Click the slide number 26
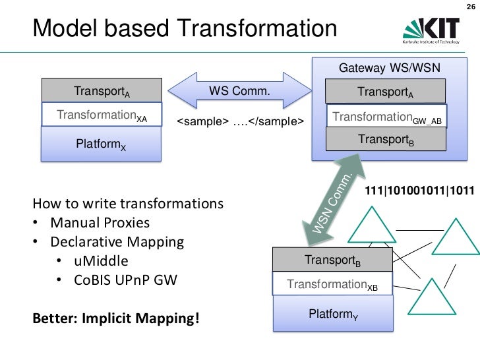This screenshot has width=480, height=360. point(469,9)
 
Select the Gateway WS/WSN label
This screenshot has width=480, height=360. point(389,69)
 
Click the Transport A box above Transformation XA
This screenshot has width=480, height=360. point(102,90)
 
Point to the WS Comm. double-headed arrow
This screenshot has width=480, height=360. point(239,91)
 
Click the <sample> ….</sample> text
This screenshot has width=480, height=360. point(241,122)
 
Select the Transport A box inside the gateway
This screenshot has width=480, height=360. point(385,92)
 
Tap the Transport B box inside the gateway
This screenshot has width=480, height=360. point(385,139)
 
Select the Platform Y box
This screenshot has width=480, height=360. point(333,315)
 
